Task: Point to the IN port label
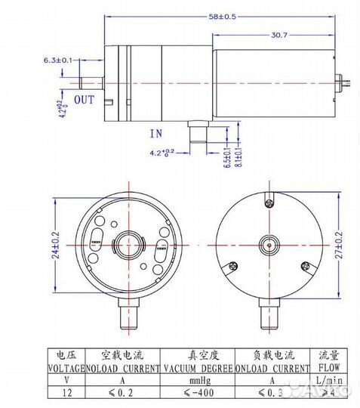[x=156, y=133]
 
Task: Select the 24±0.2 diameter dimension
[x=56, y=246]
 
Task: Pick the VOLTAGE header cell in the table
[x=61, y=369]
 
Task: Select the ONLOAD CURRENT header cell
[x=272, y=369]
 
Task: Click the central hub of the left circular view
[x=125, y=246]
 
